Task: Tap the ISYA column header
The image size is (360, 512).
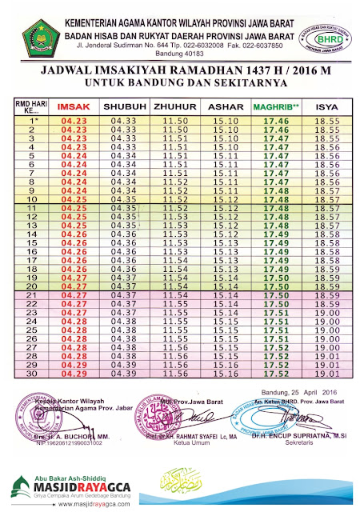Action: click(326, 106)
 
